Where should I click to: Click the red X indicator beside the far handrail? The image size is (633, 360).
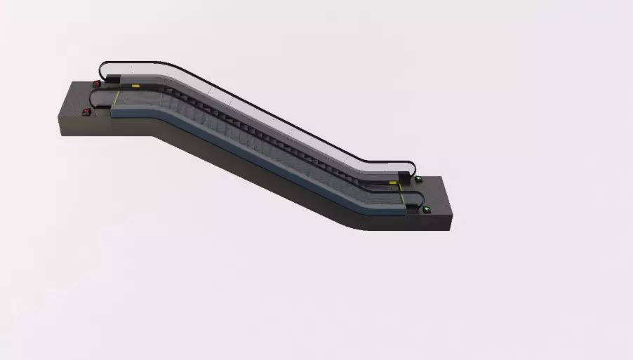coord(97,84)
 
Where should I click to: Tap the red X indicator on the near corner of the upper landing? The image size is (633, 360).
coord(86,111)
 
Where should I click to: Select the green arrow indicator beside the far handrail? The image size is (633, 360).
coord(418,180)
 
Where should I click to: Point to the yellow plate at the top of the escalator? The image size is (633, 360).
coord(135,84)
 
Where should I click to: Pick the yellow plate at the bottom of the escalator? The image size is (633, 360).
coord(393,182)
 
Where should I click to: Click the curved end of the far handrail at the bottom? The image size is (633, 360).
coord(413,168)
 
